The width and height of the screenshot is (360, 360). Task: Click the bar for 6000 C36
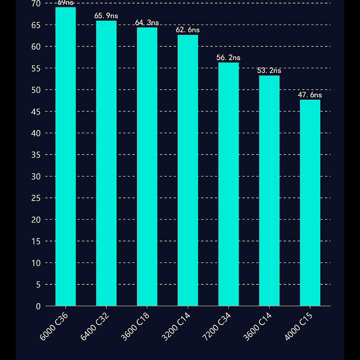point(65,157)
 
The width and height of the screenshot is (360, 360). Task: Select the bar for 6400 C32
point(106,163)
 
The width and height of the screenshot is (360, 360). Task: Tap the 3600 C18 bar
point(147,167)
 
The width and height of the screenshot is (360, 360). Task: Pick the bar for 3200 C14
point(188,170)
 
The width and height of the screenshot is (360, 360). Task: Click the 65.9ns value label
point(106,16)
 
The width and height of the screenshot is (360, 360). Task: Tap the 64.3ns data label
point(147,23)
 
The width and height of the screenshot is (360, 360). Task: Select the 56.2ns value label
point(228,58)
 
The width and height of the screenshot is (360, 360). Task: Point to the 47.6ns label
point(310,95)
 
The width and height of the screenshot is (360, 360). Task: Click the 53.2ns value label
point(269,71)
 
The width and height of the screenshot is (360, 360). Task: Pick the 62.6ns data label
point(188,30)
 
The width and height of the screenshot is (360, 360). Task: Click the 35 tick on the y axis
point(36,155)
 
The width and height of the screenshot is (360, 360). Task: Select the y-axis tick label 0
point(38,306)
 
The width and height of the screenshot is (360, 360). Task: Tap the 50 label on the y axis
point(36,90)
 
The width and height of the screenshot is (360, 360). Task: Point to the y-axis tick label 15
point(36,241)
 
